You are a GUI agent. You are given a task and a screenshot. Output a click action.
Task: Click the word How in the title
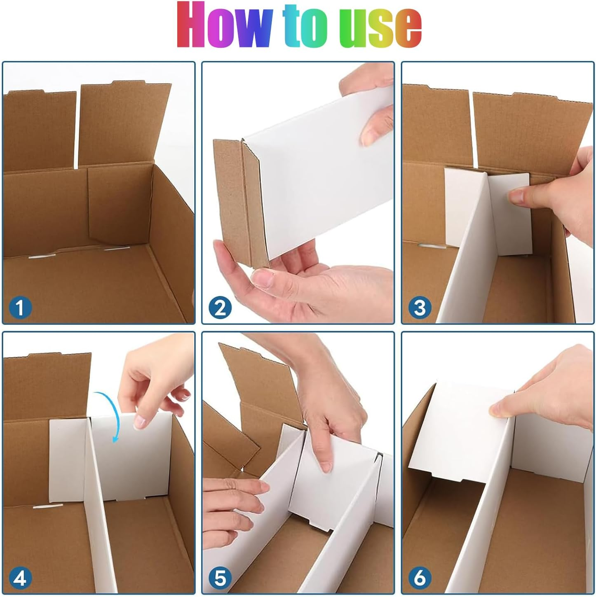pyautogui.click(x=225, y=26)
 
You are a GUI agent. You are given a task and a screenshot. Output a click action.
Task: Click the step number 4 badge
pyautogui.click(x=20, y=578)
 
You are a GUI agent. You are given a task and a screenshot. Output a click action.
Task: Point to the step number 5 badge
pyautogui.click(x=220, y=578)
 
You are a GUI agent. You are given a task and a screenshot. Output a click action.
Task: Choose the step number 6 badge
pyautogui.click(x=420, y=578)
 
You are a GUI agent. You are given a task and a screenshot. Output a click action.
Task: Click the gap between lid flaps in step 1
pyautogui.click(x=78, y=128)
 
